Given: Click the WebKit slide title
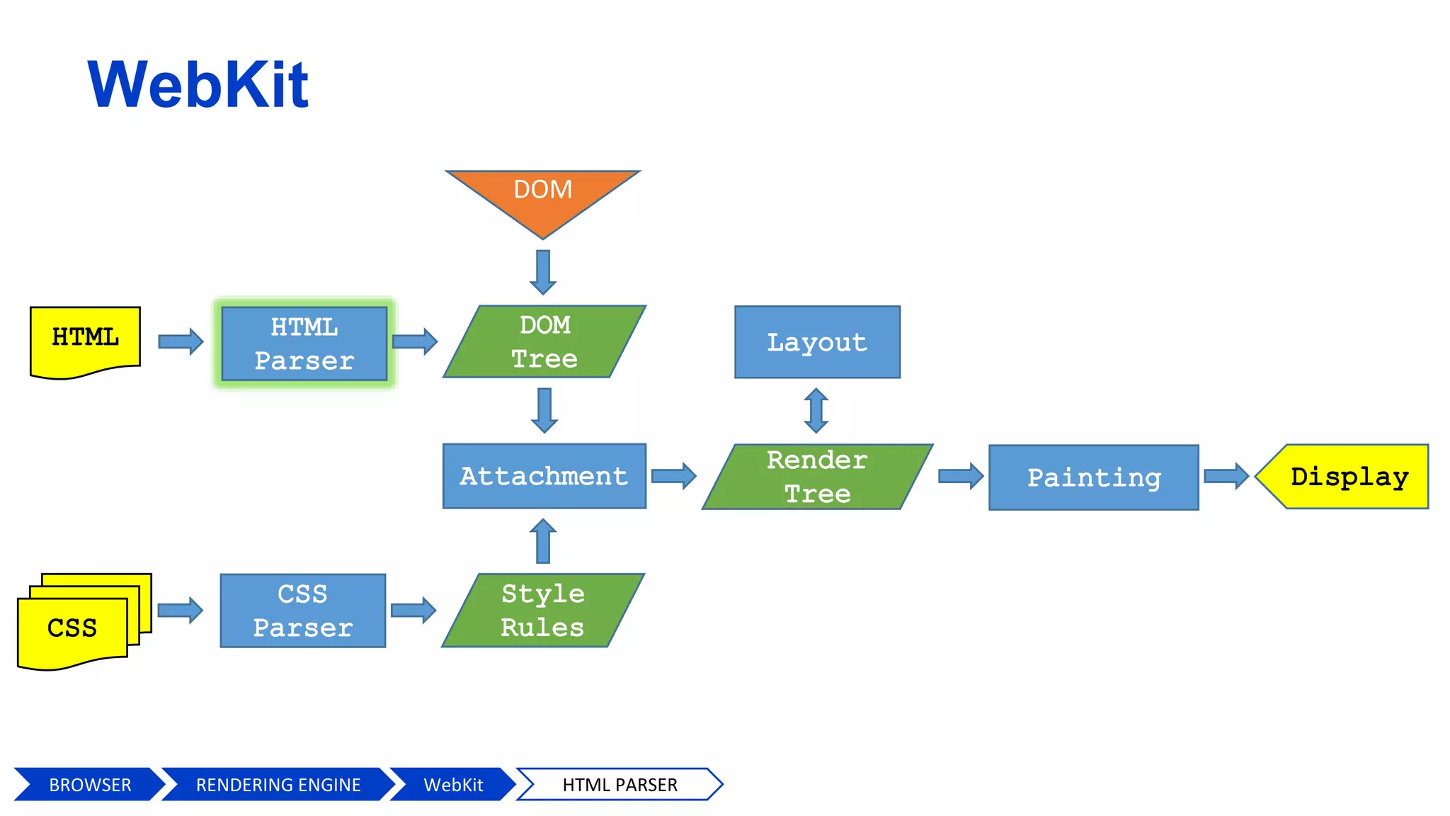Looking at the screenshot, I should tap(198, 85).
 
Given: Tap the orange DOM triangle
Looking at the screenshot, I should tap(543, 194).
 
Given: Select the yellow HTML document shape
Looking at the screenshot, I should tap(85, 340).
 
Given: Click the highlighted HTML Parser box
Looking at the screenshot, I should tap(304, 344).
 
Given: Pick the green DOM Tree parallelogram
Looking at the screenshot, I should tap(544, 342).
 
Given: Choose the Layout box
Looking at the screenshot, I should tap(817, 342).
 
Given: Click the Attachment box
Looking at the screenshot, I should tap(544, 476).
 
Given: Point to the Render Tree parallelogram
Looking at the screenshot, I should tap(817, 477).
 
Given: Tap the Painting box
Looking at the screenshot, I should tap(1093, 477).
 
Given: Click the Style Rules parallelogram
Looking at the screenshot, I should tap(543, 611).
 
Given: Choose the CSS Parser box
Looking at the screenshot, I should tap(303, 611).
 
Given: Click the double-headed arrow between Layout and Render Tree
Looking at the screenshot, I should tap(816, 410).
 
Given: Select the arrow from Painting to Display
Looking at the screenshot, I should tap(1226, 476).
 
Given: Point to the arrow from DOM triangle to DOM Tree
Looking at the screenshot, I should tap(543, 272).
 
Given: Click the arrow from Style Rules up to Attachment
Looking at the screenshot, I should tap(543, 541).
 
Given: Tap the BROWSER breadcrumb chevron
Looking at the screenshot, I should tap(89, 785).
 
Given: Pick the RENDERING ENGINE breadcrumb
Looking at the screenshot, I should tap(278, 785).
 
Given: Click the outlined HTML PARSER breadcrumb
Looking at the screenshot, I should tap(620, 785).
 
